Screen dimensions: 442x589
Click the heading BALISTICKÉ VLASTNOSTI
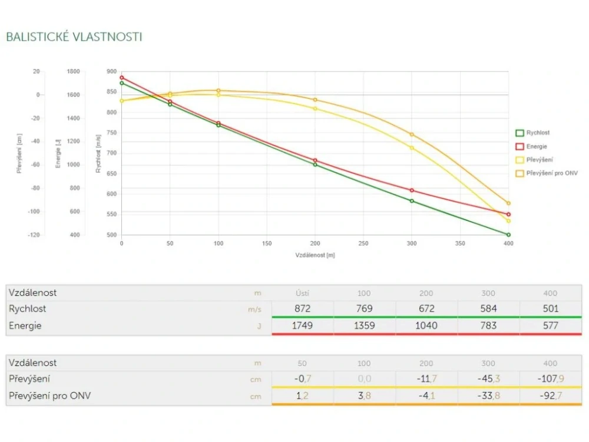pos(74,37)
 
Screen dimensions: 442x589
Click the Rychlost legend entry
pos(538,133)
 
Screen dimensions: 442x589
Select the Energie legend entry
pos(537,146)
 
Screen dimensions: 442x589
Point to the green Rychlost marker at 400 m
pos(508,235)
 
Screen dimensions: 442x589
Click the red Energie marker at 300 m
pos(412,190)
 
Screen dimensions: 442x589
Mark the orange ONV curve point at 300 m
pos(412,134)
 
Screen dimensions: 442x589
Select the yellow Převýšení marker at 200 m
pos(315,108)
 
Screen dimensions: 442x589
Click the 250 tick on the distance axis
pos(363,243)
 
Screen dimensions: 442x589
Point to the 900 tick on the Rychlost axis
pos(111,71)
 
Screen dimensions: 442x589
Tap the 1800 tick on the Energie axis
pos(73,71)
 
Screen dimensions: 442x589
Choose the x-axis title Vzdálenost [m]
pos(315,255)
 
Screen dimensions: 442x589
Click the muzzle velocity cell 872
pos(302,308)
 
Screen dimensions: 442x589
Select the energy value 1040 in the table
pos(426,325)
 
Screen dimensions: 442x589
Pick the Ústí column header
pos(302,293)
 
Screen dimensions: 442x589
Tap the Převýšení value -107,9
pos(550,378)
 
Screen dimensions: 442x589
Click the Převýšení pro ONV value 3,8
pos(365,396)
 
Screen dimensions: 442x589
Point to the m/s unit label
pos(254,309)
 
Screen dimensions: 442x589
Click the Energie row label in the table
pos(25,325)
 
